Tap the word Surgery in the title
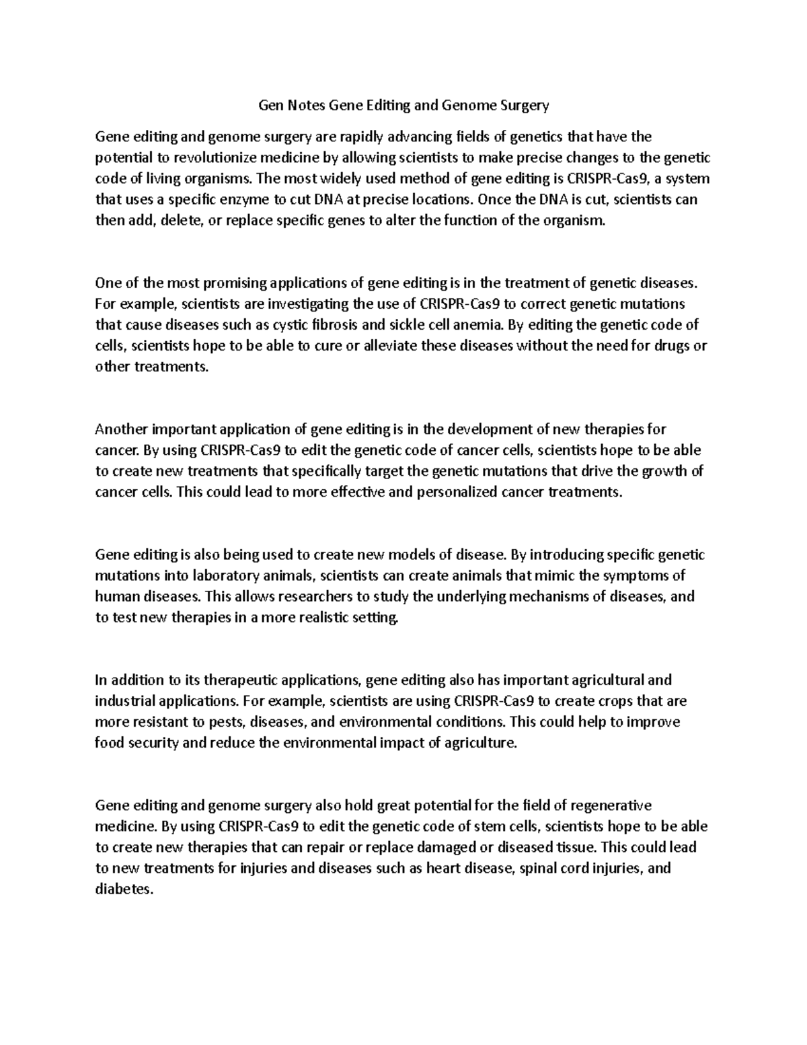525,105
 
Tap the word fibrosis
334,325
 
